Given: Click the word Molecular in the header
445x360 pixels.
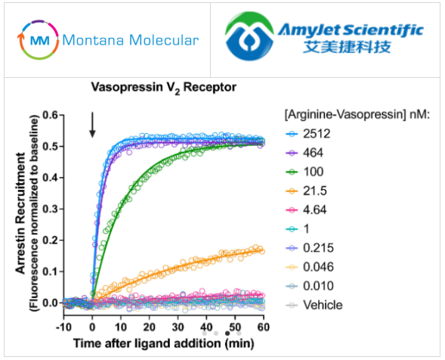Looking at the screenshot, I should pyautogui.click(x=162, y=39).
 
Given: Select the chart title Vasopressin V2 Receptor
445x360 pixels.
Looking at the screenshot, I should pyautogui.click(x=164, y=87).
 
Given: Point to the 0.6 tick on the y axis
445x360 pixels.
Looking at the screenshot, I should pyautogui.click(x=52, y=115).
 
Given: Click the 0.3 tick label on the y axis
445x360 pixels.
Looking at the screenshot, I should pyautogui.click(x=52, y=209).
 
